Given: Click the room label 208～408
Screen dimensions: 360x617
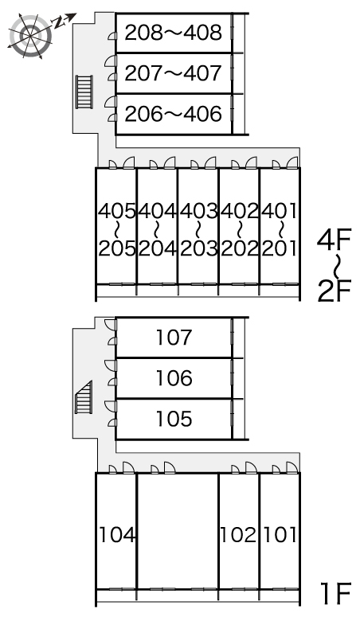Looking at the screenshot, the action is click(174, 33).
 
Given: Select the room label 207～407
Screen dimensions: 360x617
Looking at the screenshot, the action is click(174, 73).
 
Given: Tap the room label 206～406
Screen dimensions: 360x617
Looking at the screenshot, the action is click(174, 114).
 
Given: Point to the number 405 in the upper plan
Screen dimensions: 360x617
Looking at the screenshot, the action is click(117, 211).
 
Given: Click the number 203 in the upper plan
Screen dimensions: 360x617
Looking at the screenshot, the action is click(199, 248).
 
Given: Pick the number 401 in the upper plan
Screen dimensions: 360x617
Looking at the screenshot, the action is click(279, 211).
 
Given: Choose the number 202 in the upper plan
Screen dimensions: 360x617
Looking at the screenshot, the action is click(240, 248).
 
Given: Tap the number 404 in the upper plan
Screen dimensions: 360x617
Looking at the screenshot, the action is click(158, 211).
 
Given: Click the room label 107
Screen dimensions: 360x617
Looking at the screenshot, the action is click(174, 338).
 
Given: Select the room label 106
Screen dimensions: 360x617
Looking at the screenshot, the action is click(174, 378).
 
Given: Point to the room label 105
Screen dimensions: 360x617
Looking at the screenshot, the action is click(174, 419).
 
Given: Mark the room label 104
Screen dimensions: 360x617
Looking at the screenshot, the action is click(117, 535).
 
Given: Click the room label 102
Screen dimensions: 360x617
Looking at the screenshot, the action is click(238, 535).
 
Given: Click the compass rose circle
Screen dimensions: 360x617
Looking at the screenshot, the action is click(31, 36).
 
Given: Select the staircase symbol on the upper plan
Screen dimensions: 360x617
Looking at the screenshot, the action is click(84, 92).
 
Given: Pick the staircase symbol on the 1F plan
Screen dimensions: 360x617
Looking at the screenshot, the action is click(84, 397).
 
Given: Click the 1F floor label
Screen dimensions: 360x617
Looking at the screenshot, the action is click(335, 594).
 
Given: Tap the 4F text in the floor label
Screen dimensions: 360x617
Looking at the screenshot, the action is click(334, 240).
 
